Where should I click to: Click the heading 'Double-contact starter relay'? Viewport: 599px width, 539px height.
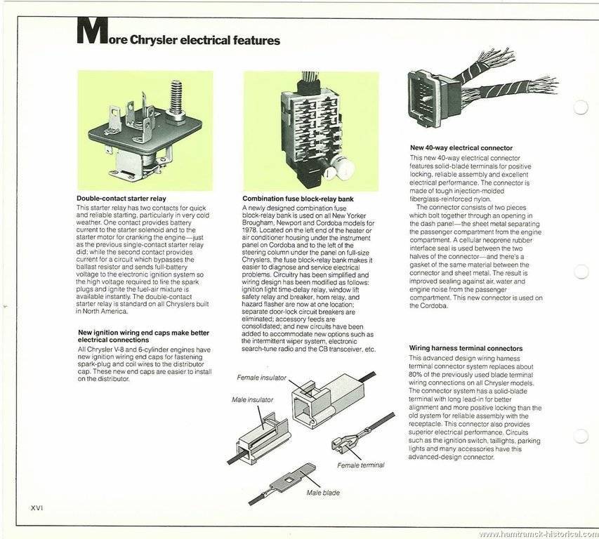[x=121, y=199]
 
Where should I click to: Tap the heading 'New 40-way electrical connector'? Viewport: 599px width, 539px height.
[x=461, y=148]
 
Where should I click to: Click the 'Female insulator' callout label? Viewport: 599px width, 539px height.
[x=261, y=377]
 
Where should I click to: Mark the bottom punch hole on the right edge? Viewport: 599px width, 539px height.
[x=580, y=436]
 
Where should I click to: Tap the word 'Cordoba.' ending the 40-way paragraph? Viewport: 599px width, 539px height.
[x=423, y=305]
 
